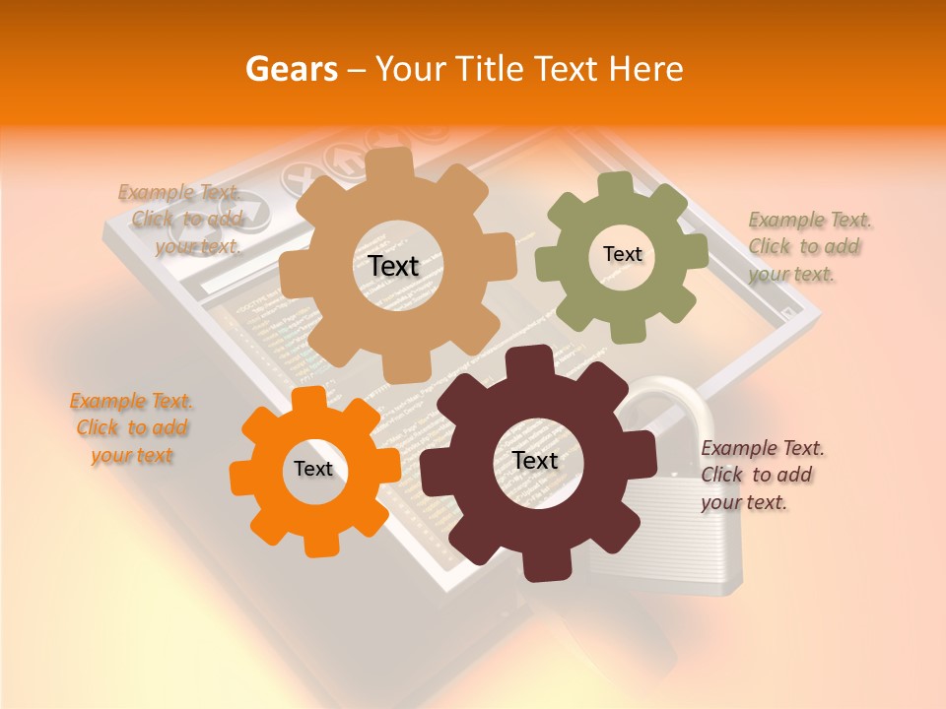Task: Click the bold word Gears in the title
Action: point(292,69)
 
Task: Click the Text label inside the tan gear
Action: point(394,266)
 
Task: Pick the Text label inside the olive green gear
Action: point(622,254)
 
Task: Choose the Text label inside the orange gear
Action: point(313,469)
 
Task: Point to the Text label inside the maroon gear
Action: point(535,460)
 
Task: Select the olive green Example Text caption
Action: point(808,246)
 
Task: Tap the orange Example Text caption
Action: point(132,428)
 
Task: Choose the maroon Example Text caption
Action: point(761,475)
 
